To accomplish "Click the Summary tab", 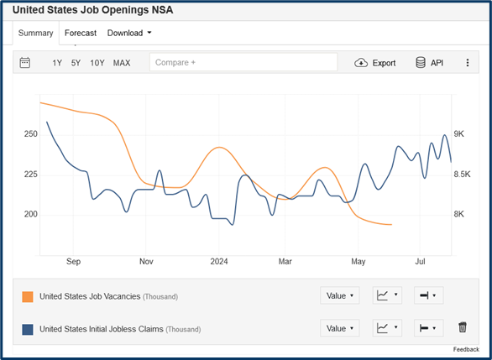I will tap(36, 34).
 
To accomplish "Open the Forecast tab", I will tap(81, 34).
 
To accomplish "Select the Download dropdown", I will tap(129, 34).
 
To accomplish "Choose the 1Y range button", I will tap(57, 63).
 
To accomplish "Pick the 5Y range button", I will tap(76, 63).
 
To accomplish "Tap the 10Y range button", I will tap(97, 63).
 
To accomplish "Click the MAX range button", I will tap(122, 63).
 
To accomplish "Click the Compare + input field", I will tap(243, 63).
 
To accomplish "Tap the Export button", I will tap(375, 63).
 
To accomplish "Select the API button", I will tap(429, 63).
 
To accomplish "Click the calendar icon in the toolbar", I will tap(25, 63).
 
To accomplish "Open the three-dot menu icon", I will tap(468, 63).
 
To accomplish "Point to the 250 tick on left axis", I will tap(31, 134).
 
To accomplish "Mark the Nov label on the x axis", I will tap(146, 261).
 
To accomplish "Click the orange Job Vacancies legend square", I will tap(28, 296).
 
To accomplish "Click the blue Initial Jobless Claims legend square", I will tap(28, 329).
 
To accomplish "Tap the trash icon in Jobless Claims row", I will tap(462, 328).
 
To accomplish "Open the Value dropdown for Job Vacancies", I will tap(340, 295).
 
